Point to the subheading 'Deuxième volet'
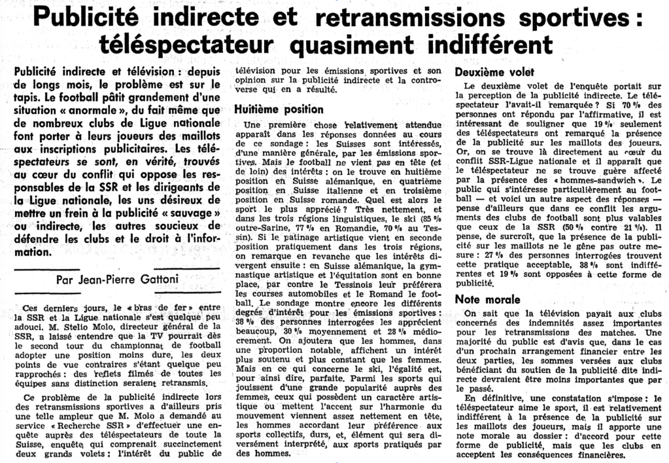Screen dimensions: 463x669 pos(494,72)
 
